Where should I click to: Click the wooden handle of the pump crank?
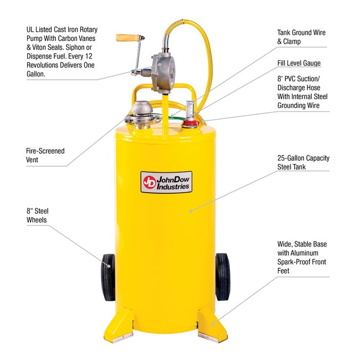[128, 38]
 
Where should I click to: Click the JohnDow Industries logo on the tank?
[166, 182]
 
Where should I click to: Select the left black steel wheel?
[109, 277]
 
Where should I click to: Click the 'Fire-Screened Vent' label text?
[45, 155]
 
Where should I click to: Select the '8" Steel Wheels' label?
[38, 215]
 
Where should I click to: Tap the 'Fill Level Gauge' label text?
[299, 63]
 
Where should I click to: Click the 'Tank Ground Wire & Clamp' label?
[301, 37]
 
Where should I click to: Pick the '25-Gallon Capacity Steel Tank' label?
[303, 162]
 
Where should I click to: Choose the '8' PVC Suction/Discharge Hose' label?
[302, 92]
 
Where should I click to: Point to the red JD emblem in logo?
[149, 182]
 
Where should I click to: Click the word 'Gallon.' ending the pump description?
[36, 74]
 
